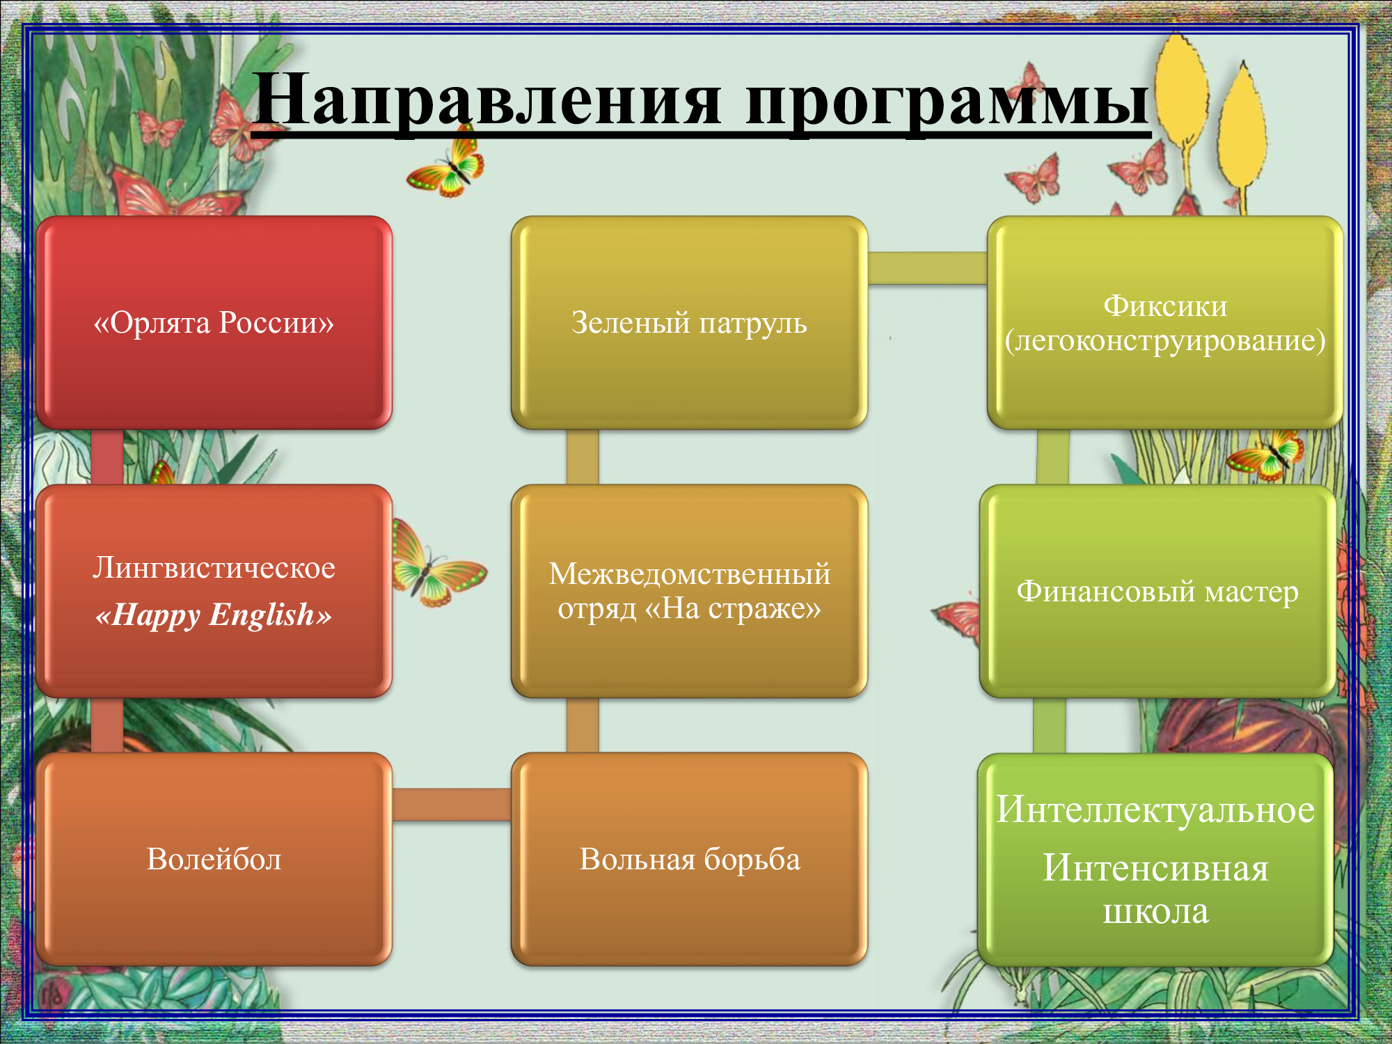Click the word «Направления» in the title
click(487, 101)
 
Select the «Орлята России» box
click(214, 322)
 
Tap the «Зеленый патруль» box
click(689, 322)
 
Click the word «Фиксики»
click(1165, 306)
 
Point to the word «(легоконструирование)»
click(1165, 341)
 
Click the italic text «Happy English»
click(214, 615)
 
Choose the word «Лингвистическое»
click(214, 568)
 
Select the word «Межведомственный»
click(689, 574)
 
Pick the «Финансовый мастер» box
click(1157, 591)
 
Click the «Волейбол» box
click(214, 859)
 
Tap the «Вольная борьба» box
click(689, 859)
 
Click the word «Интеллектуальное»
click(1155, 810)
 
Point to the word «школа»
click(1155, 912)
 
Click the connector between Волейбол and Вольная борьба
click(452, 805)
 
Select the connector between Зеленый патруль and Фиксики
click(927, 268)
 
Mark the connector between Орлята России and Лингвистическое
click(107, 457)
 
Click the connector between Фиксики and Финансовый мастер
click(1053, 457)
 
